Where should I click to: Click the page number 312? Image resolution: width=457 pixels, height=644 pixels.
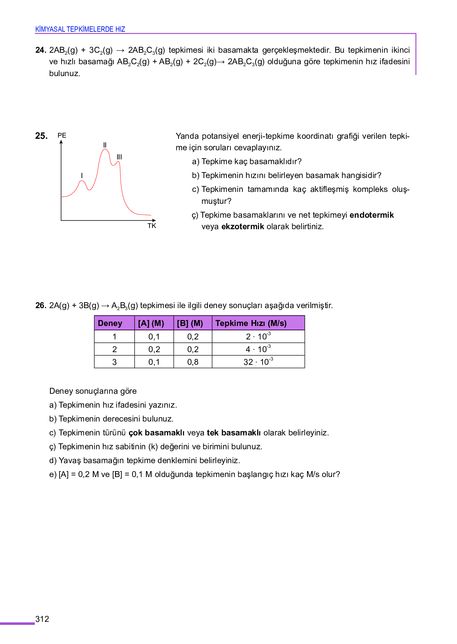click(x=42, y=619)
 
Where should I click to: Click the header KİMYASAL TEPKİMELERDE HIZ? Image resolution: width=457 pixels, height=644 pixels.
click(x=80, y=29)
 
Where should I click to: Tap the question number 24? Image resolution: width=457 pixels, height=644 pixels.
click(x=40, y=50)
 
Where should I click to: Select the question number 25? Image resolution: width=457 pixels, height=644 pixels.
click(x=41, y=136)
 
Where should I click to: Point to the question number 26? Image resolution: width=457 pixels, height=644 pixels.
click(x=40, y=305)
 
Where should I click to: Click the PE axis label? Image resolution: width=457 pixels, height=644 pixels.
click(x=62, y=135)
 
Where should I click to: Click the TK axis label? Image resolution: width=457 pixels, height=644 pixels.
click(x=152, y=226)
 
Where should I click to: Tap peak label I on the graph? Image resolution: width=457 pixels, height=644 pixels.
click(x=82, y=175)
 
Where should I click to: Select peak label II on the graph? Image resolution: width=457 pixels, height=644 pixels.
click(x=105, y=145)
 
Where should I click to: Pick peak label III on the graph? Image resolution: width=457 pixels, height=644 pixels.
click(x=119, y=157)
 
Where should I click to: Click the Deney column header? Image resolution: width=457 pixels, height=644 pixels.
click(x=110, y=323)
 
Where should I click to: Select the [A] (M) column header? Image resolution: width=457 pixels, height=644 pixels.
click(x=151, y=323)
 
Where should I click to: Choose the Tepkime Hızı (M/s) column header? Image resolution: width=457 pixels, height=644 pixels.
click(x=251, y=323)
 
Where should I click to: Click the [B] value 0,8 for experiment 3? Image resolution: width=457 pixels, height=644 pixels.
click(x=193, y=362)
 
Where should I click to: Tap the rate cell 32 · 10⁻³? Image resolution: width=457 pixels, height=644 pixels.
click(x=258, y=362)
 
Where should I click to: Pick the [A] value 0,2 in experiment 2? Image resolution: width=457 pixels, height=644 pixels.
click(x=154, y=349)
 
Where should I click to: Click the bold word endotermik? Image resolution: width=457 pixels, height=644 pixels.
click(x=371, y=215)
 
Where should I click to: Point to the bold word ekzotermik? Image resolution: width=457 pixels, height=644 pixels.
click(x=242, y=226)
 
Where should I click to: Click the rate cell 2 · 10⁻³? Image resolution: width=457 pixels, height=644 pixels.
click(x=258, y=336)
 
